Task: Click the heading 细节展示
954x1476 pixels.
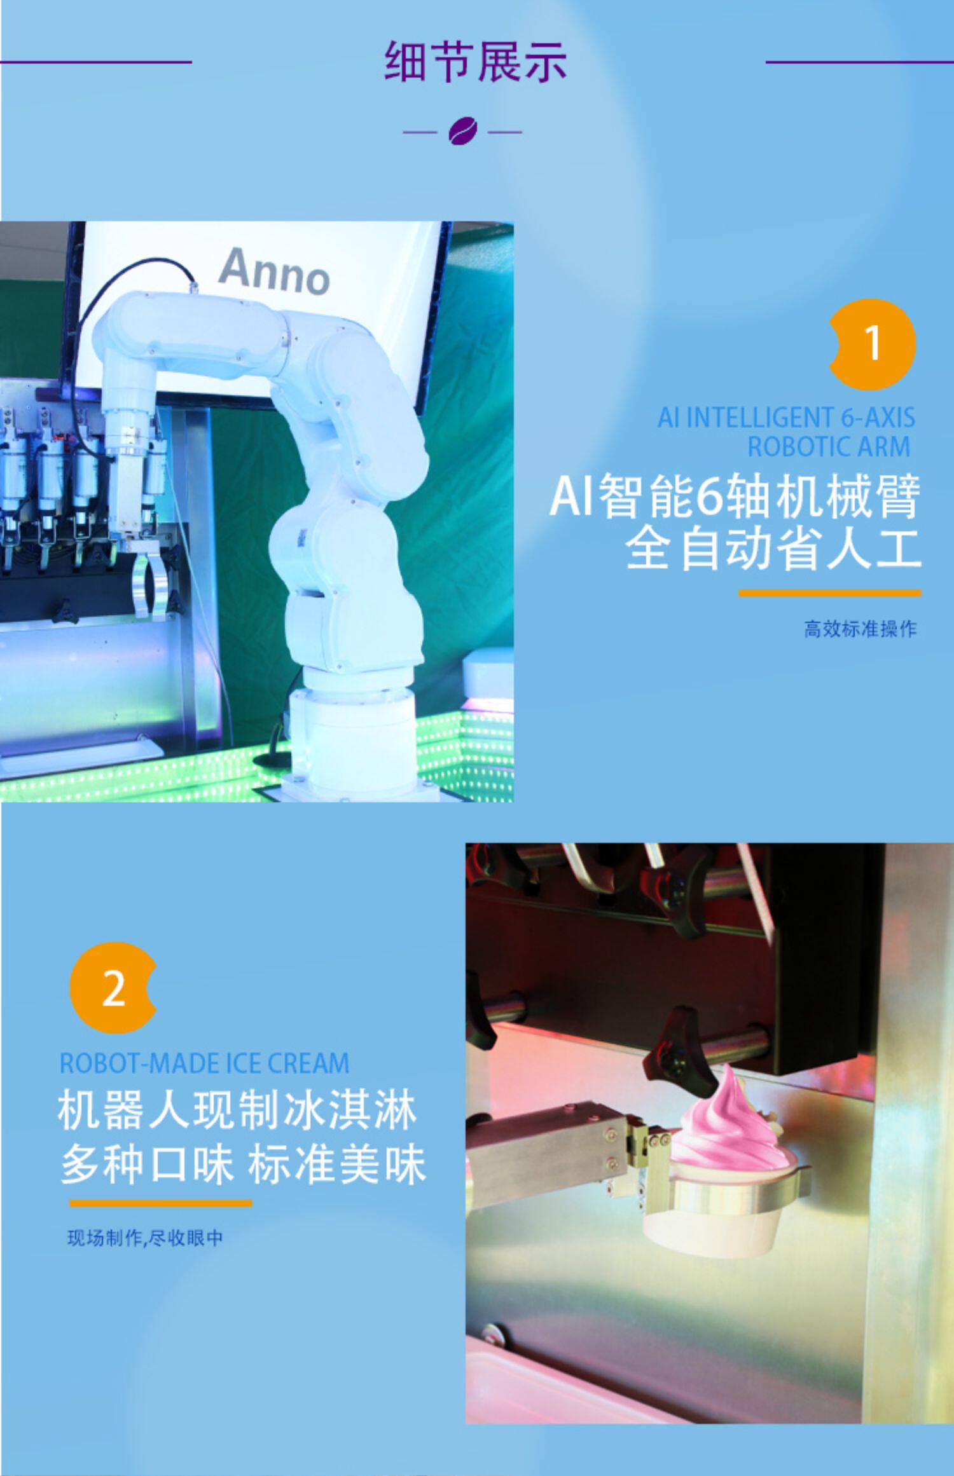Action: (x=476, y=62)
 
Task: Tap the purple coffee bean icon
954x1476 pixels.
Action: (x=462, y=132)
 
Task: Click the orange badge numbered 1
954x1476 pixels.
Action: (x=872, y=344)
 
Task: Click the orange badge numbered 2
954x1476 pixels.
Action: (x=113, y=988)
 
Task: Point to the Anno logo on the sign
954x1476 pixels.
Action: (x=274, y=272)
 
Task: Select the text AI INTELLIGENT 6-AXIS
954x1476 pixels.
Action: (x=786, y=418)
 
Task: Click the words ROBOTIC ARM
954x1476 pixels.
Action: (x=829, y=447)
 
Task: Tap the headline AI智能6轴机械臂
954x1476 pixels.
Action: (x=735, y=496)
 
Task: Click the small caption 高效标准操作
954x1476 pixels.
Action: (x=860, y=629)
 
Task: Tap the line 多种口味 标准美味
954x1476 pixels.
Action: (x=243, y=1165)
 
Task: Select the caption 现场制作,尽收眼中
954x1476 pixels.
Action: (x=145, y=1238)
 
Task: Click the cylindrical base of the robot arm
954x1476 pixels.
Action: (x=353, y=731)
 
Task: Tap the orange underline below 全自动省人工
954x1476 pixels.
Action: (x=829, y=593)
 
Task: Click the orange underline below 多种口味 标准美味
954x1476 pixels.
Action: (x=161, y=1203)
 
